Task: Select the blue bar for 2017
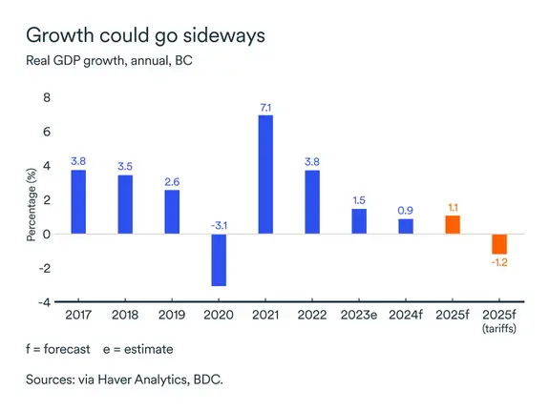click(78, 201)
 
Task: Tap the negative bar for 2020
click(219, 259)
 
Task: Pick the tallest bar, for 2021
click(265, 174)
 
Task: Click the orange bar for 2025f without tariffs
click(453, 224)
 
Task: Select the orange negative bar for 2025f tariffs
click(499, 243)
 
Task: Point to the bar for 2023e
click(359, 220)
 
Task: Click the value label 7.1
click(265, 106)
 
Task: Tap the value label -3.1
click(219, 225)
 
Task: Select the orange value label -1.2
click(499, 262)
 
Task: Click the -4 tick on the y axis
click(43, 302)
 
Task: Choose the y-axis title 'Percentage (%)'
click(31, 200)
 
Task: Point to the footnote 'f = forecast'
click(55, 349)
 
